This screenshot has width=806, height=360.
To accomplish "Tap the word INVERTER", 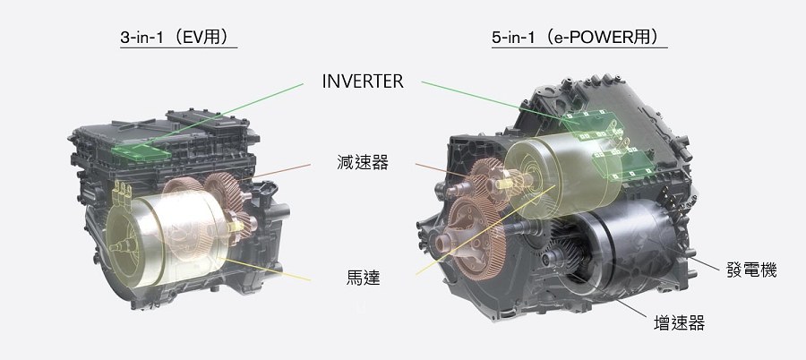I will click(x=363, y=81).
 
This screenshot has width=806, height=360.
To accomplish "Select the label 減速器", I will click(x=363, y=165).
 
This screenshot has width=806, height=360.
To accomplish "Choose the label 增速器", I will click(x=679, y=323).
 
